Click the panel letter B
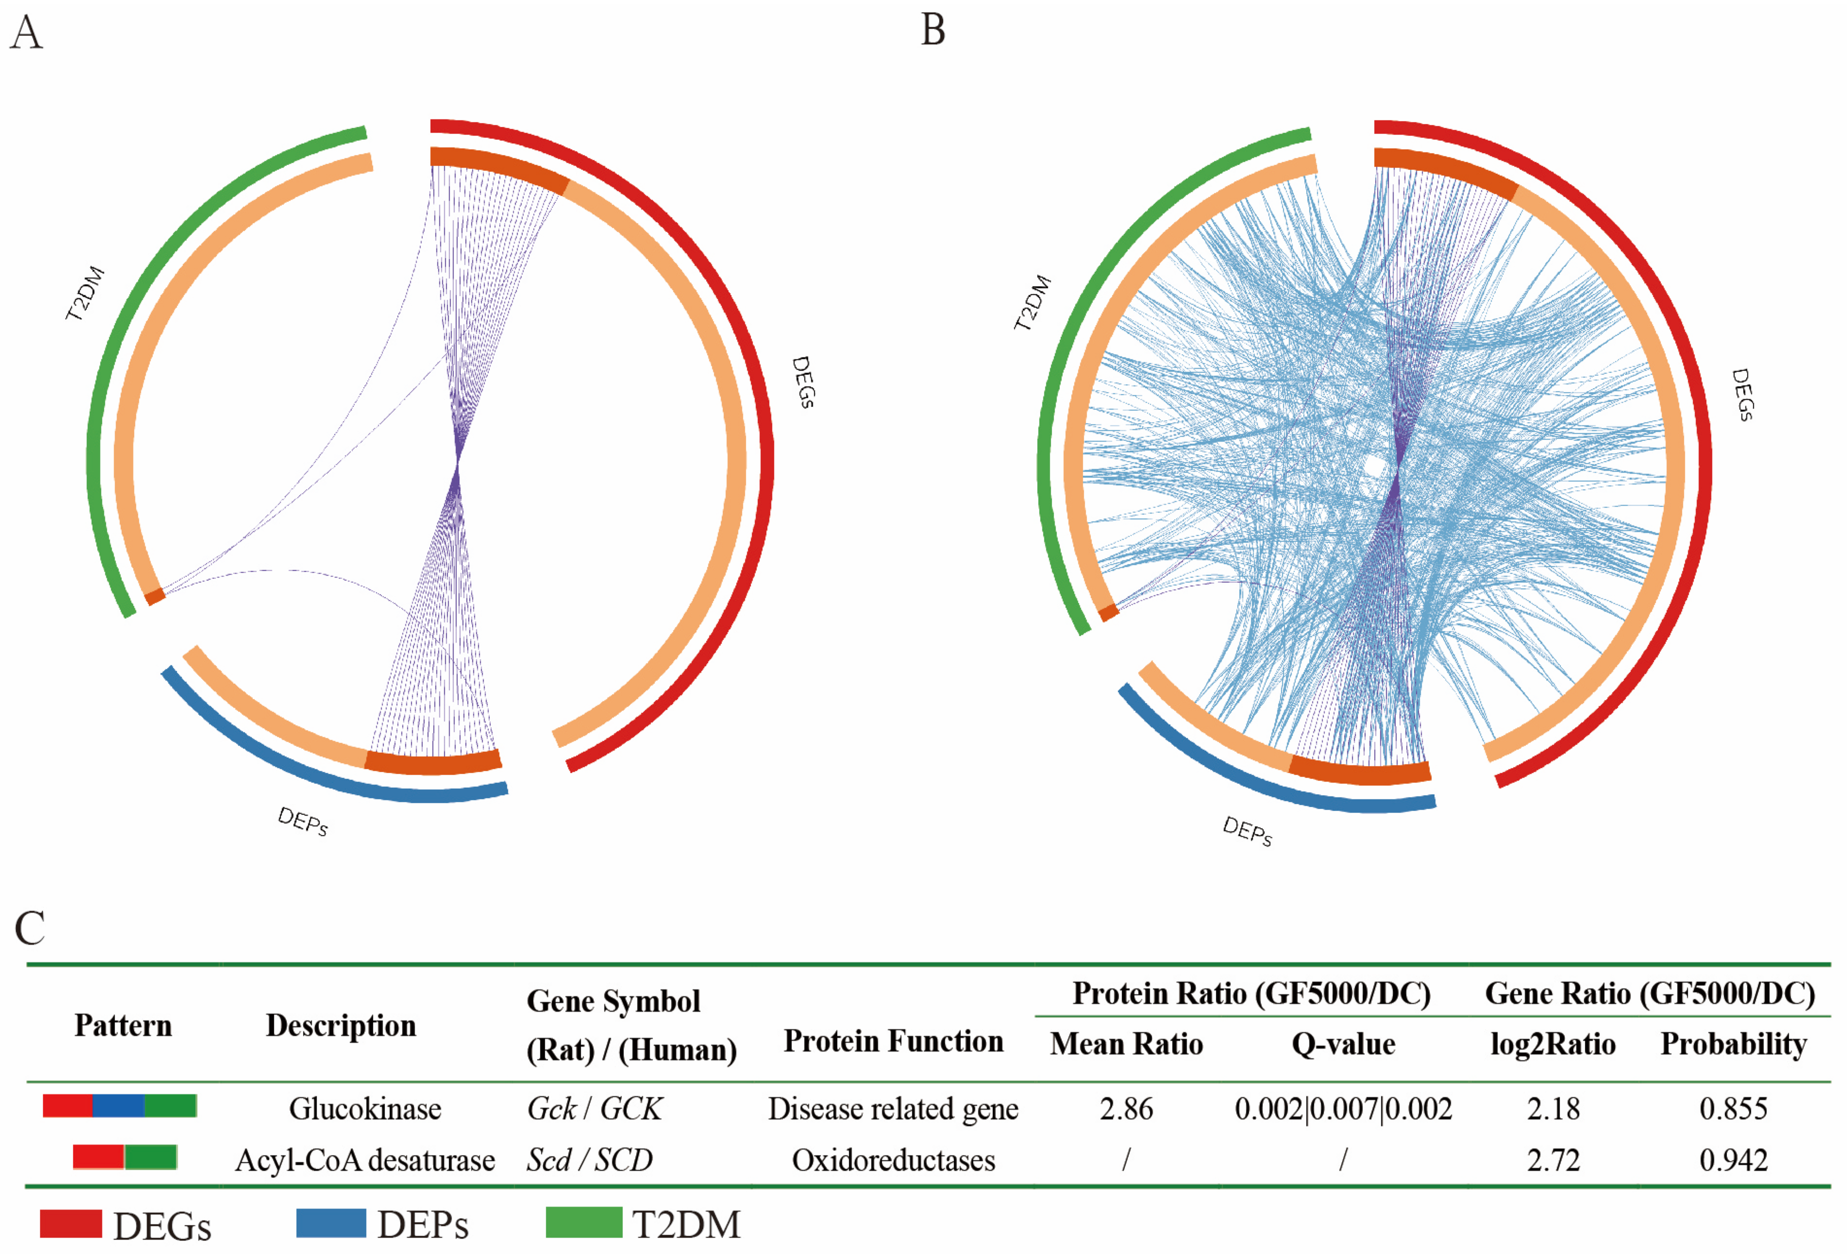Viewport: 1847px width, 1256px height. (933, 30)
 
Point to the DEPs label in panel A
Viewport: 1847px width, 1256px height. (303, 821)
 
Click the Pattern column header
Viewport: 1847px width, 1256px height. (123, 1025)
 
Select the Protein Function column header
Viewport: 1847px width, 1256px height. (893, 1040)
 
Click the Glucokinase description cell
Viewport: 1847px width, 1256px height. (365, 1108)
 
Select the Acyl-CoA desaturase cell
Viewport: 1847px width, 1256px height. (365, 1160)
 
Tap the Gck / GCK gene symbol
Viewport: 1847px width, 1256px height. (594, 1108)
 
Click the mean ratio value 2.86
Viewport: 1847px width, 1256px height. (1126, 1108)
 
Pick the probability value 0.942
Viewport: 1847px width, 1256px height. (1733, 1160)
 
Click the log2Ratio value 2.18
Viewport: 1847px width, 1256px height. (1553, 1108)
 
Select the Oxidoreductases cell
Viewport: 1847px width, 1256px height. (893, 1160)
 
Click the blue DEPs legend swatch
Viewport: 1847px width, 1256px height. (331, 1222)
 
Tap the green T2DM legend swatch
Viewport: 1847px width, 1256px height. (583, 1222)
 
